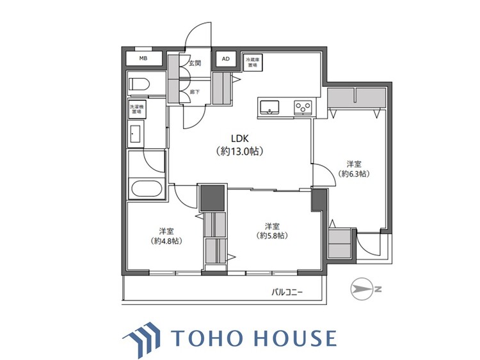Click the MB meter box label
coord(143,59)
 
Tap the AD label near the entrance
coord(225,59)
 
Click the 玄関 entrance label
coord(195,63)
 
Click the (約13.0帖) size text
coord(240,152)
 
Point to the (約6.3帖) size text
coord(354,174)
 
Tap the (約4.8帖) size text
coord(166,242)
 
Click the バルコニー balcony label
coord(287,293)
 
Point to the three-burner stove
coord(302,107)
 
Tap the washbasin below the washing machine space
coord(136,134)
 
